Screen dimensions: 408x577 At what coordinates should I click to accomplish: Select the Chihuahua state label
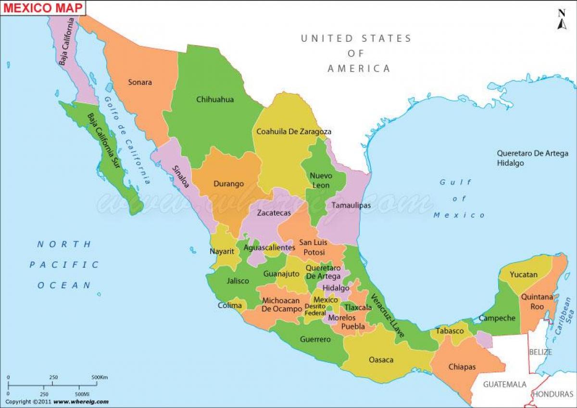[x=215, y=99]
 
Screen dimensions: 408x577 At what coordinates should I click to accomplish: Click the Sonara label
[x=140, y=82]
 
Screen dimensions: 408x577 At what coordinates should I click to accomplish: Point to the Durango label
[x=229, y=184]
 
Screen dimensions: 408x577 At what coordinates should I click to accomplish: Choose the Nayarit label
[x=222, y=251]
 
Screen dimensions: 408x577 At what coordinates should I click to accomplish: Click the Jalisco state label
[x=238, y=281]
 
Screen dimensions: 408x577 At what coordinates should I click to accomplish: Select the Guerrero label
[x=315, y=339]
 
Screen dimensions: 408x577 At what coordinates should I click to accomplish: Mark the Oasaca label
[x=381, y=359]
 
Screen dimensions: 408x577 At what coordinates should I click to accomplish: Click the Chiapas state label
[x=462, y=367]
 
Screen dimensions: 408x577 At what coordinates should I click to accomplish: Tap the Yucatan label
[x=524, y=274]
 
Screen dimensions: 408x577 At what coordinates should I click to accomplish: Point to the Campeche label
[x=497, y=318]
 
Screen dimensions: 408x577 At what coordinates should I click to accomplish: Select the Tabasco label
[x=450, y=331]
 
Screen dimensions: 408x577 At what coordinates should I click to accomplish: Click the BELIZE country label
[x=540, y=352]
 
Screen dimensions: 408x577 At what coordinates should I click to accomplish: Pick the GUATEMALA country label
[x=505, y=384]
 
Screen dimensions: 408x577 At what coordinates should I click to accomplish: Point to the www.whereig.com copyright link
[x=81, y=401]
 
